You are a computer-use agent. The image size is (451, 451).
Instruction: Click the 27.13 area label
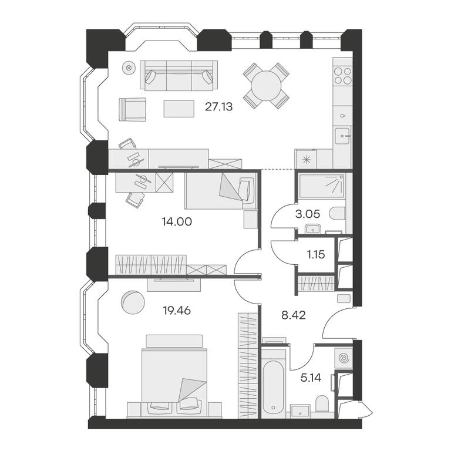[x=218, y=107]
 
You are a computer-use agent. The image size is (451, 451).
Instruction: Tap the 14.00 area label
[x=177, y=222]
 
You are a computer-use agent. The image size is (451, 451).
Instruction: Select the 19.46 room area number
[x=177, y=311]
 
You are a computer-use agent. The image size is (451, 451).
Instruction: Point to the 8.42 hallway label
[x=294, y=315]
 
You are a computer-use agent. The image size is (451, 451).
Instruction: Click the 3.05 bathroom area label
[x=308, y=214]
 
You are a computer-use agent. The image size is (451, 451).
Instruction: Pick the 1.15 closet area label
[x=316, y=254]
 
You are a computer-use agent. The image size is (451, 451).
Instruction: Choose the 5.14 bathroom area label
[x=311, y=378]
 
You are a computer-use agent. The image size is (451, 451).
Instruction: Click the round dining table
[x=266, y=86]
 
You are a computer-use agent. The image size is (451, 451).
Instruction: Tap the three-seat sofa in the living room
[x=179, y=75]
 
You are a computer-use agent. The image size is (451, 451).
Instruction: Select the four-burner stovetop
[x=343, y=75]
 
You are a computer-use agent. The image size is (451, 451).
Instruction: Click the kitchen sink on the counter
[x=342, y=136]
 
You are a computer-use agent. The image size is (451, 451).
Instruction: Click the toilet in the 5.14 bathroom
[x=322, y=403]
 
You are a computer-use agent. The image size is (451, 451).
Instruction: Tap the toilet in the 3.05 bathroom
[x=337, y=213]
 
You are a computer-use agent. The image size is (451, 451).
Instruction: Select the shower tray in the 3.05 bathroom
[x=321, y=186]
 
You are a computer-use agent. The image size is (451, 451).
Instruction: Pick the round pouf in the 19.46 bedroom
[x=133, y=302]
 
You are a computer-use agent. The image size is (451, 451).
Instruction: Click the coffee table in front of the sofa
[x=179, y=109]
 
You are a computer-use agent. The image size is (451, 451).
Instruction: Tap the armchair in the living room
[x=132, y=109]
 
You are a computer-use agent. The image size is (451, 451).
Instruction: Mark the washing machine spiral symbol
[x=344, y=358]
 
